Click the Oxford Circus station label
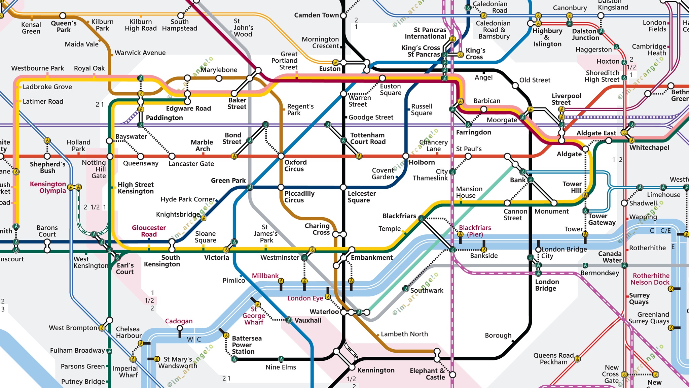pos(295,165)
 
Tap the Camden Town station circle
pos(343,15)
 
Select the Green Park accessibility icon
pos(250,187)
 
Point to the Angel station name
pos(483,77)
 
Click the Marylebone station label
pos(219,70)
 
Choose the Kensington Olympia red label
pos(48,187)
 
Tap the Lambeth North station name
pos(404,334)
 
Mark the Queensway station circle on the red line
pos(141,156)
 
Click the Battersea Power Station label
pos(246,345)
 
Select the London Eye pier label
pos(305,298)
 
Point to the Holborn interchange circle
pos(406,156)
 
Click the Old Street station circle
pos(515,86)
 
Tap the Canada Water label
pos(610,257)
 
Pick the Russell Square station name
pos(421,110)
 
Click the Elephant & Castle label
pos(427,374)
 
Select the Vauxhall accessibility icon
pos(289,320)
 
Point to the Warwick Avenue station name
pos(140,53)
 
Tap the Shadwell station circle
pos(624,203)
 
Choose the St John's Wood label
pos(243,28)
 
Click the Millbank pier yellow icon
pos(281,281)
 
